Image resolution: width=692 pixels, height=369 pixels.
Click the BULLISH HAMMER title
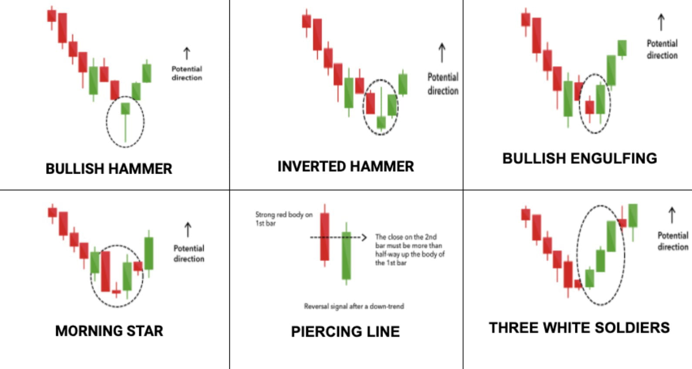point(109,168)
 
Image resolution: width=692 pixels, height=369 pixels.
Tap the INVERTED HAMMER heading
point(346,166)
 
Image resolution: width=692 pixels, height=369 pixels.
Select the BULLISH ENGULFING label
point(579,158)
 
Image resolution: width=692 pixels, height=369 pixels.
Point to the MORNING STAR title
point(109,331)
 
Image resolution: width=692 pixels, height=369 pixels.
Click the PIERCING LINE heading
point(345,332)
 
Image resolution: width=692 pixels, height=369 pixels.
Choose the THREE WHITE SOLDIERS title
point(579,328)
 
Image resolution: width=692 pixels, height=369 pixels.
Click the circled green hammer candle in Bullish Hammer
point(125,109)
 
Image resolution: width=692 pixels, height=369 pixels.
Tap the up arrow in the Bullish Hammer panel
point(187,54)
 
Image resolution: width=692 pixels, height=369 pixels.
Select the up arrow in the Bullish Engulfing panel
point(661,22)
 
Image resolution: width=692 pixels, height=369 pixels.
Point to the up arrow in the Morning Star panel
point(188,230)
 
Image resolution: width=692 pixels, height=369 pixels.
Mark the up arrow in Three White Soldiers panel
point(672,215)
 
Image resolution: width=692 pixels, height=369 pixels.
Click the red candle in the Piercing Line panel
point(325,236)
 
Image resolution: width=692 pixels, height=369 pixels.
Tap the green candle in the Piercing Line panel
point(346,256)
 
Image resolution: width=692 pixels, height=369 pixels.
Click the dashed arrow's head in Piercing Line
point(364,237)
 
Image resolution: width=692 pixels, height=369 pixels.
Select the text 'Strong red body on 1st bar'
point(283,218)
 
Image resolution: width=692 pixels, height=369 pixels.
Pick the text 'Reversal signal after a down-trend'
point(354,306)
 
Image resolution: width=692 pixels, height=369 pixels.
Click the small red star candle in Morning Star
point(116,292)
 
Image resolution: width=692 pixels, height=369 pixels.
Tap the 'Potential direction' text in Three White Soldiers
point(672,241)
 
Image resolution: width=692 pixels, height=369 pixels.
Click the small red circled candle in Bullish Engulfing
point(590,107)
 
